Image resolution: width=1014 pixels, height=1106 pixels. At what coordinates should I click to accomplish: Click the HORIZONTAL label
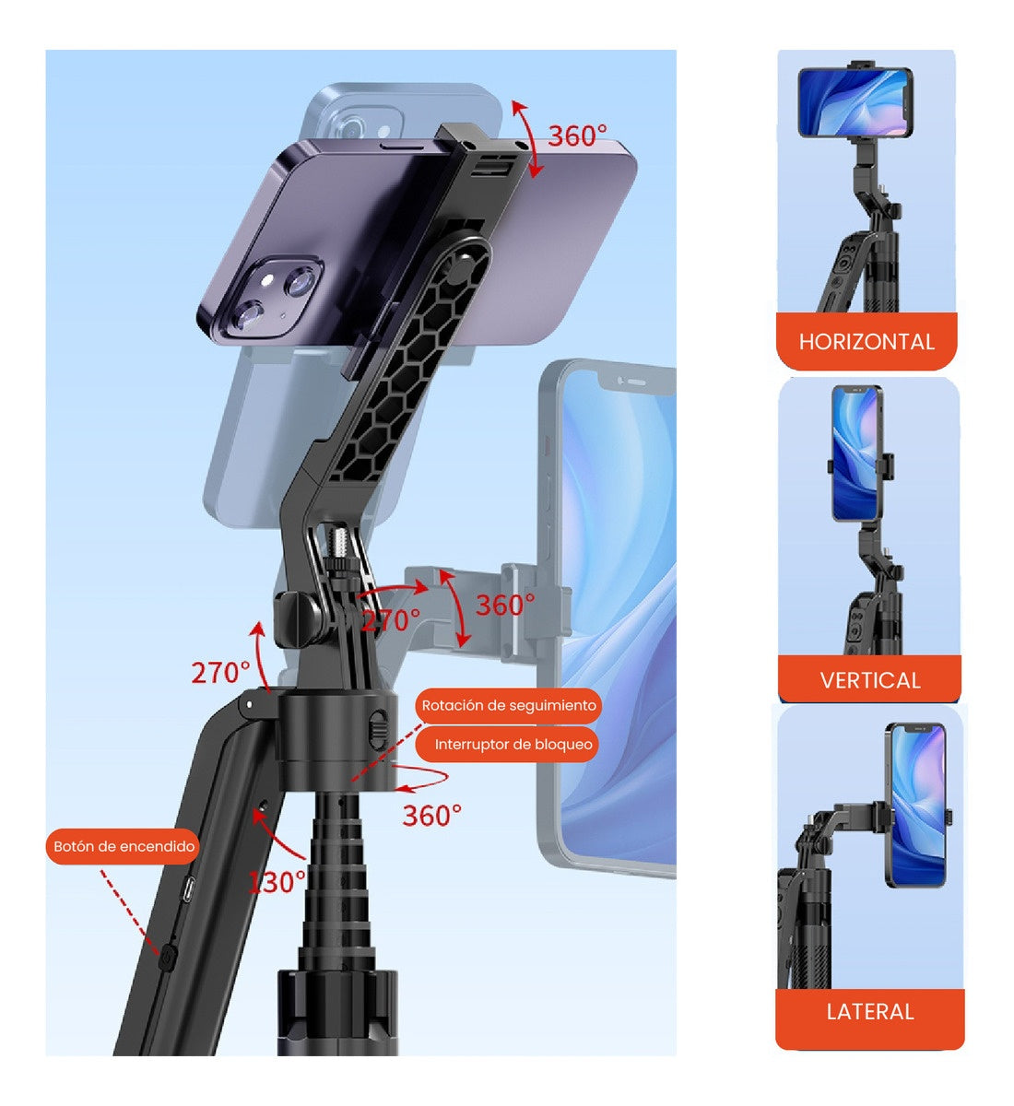(867, 342)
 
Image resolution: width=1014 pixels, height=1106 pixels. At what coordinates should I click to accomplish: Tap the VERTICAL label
(870, 680)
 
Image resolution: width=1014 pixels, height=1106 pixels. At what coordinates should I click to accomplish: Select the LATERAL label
(870, 1011)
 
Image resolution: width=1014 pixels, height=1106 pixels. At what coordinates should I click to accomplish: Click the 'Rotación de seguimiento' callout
(509, 706)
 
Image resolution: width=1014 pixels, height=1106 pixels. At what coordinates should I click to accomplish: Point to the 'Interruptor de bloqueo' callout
(513, 745)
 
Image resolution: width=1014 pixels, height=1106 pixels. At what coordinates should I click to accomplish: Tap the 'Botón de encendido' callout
(124, 846)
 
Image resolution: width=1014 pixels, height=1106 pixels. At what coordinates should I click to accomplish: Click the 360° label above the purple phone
(577, 136)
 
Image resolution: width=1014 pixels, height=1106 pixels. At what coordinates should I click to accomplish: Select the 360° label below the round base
(431, 815)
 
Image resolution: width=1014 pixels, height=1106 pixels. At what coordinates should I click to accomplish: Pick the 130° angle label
(277, 882)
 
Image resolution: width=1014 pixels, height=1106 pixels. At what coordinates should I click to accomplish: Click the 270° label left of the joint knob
(220, 672)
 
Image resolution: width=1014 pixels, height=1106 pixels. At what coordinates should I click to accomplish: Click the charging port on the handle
(189, 890)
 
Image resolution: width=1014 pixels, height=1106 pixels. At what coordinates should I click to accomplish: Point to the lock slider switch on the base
(376, 724)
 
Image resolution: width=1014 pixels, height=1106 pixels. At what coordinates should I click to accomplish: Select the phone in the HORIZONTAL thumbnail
(854, 102)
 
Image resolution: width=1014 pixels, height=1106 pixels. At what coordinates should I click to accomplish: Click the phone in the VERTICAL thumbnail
(857, 453)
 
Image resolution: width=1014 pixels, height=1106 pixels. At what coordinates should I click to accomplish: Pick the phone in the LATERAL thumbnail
(916, 805)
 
